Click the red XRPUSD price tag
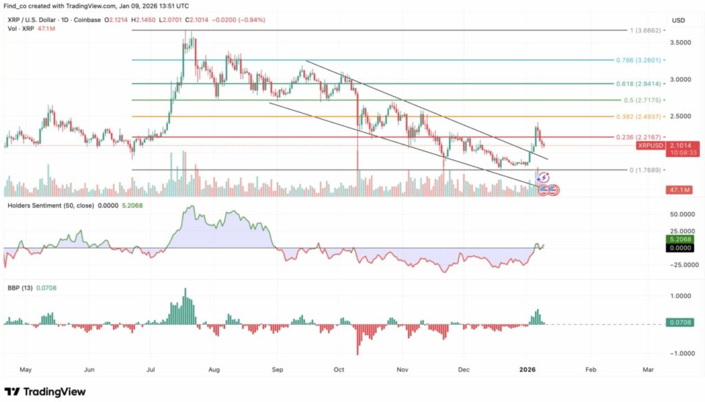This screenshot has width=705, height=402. pos(651,146)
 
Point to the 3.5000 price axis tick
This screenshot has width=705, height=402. pos(682,43)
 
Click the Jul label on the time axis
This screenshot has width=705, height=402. pos(150,370)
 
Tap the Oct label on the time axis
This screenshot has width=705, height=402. pos(339,370)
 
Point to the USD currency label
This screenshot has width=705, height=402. pos(679,21)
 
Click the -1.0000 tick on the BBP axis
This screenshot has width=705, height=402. pos(682,353)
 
